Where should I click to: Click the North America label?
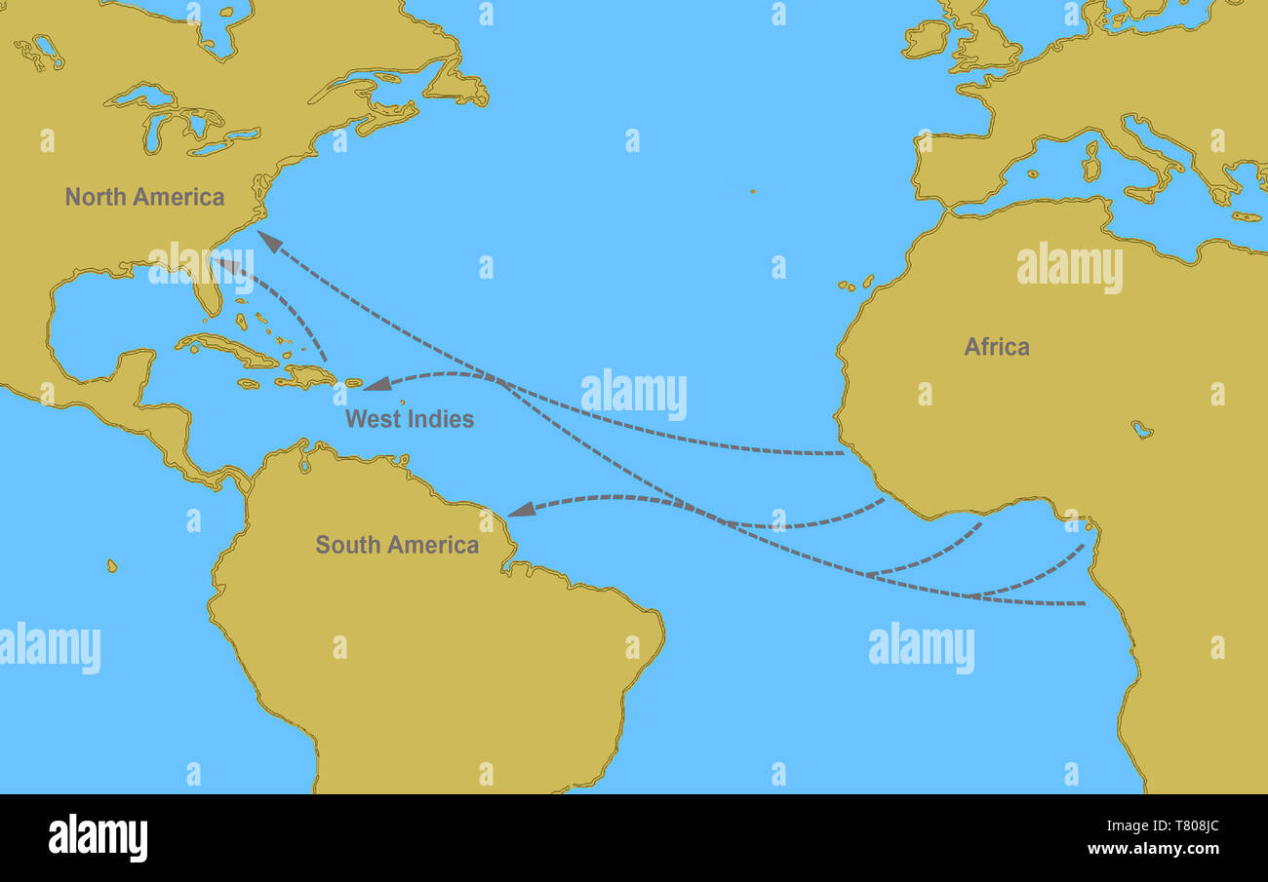(x=144, y=197)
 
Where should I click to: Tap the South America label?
(x=397, y=545)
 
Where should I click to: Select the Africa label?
(x=996, y=346)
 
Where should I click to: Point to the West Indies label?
(x=409, y=419)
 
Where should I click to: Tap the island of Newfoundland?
(x=454, y=82)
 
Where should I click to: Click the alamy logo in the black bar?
(x=98, y=837)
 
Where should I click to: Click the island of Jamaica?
(x=249, y=383)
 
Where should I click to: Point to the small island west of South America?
(x=112, y=565)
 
